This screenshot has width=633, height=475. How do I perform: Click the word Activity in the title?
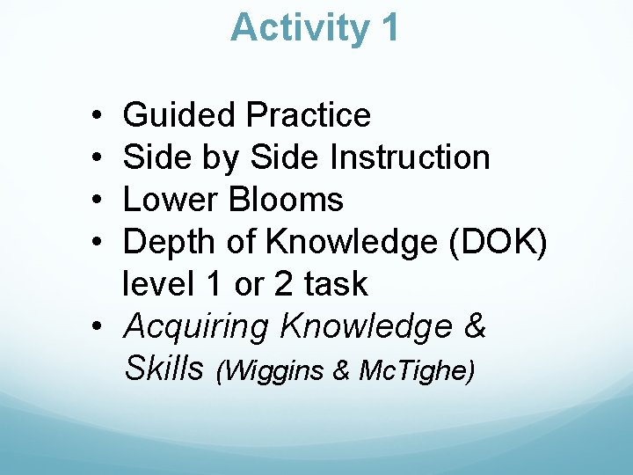[x=300, y=28]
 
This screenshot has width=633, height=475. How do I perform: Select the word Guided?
[x=178, y=115]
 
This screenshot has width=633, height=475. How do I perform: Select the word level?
[x=156, y=284]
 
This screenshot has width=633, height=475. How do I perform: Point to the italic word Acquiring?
[x=196, y=327]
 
